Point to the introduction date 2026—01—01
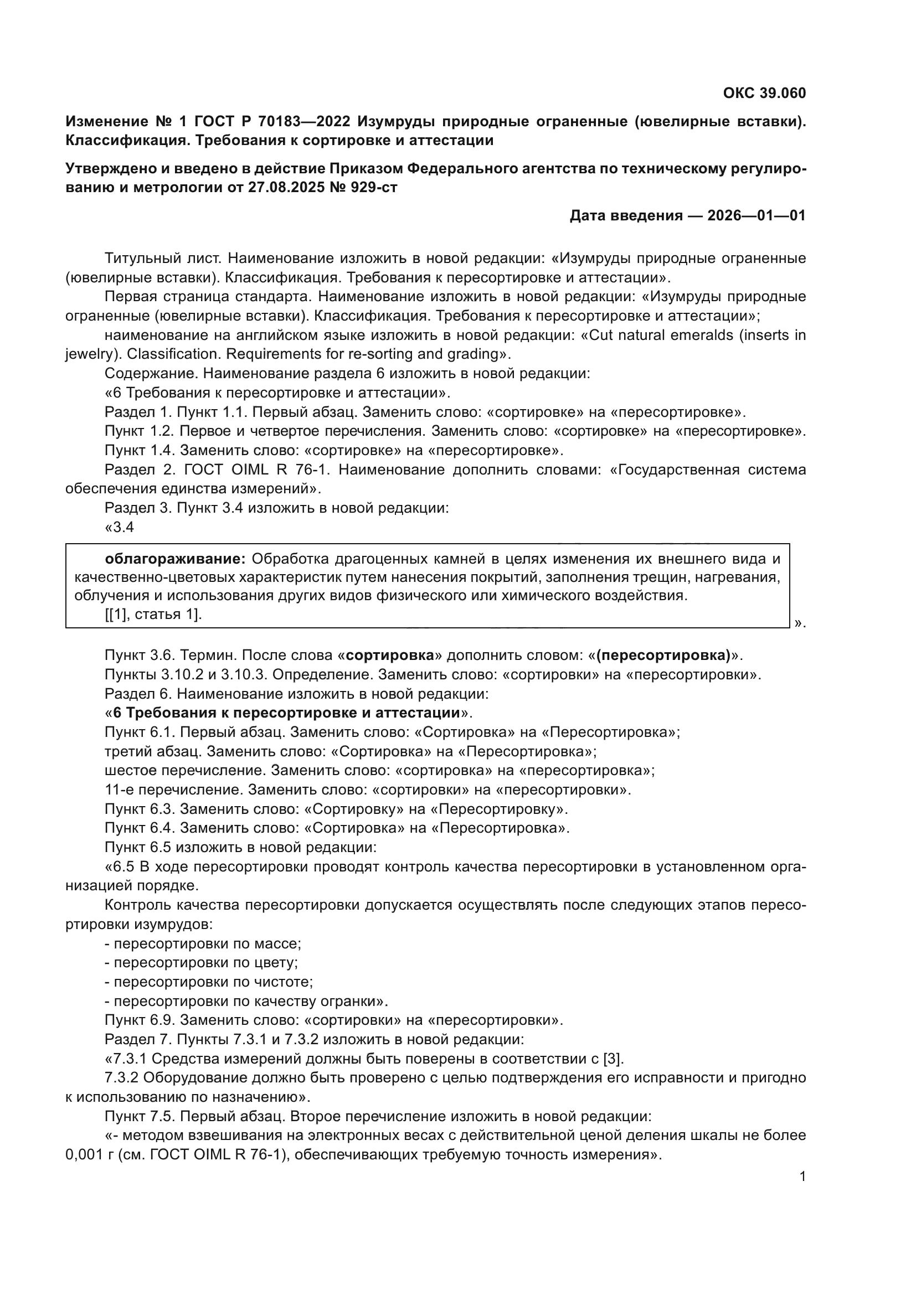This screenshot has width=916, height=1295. (x=756, y=215)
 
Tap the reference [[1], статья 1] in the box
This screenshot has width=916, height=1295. (x=153, y=614)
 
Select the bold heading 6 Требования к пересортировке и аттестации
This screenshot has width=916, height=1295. (x=286, y=713)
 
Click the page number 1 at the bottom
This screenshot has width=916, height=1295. (x=802, y=1176)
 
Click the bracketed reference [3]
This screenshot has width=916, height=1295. (x=613, y=1059)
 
